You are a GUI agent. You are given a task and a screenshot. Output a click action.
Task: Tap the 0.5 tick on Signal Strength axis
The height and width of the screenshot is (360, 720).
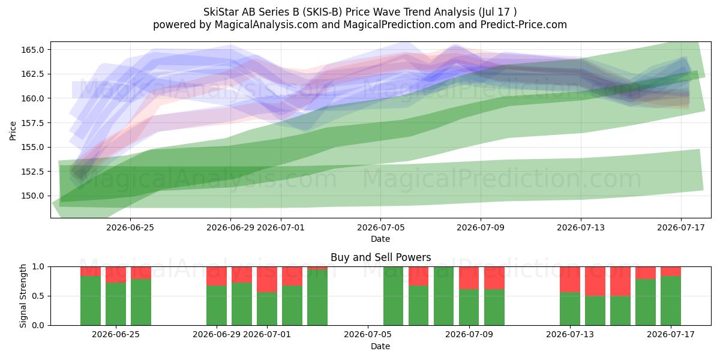pos(38,296)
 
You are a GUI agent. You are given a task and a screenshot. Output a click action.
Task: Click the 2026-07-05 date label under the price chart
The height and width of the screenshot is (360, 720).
pos(380,227)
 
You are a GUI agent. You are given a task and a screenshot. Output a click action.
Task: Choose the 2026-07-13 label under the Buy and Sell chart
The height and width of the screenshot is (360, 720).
pos(570,335)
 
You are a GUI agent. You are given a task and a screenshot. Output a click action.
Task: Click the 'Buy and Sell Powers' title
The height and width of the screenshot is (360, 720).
pos(380,257)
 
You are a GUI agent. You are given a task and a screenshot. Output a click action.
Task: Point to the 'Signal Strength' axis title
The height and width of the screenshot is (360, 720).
pos(23,296)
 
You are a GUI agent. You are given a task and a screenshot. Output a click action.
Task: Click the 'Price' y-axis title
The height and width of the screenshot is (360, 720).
pos(13,131)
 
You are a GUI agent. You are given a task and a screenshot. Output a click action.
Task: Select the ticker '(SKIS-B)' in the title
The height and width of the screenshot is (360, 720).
pos(322,12)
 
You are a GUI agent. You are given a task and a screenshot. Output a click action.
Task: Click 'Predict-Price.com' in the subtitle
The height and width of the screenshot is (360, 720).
pos(524,25)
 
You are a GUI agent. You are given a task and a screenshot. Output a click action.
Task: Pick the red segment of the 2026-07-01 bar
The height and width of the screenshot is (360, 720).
pos(267,280)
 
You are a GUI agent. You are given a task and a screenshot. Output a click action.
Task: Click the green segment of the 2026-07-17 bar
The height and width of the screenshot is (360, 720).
pos(671,301)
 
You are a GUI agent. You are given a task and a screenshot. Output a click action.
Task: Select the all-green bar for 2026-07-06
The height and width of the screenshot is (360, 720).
pos(393,296)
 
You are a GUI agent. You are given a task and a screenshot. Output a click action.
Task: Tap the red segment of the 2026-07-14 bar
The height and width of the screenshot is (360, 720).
pos(595,281)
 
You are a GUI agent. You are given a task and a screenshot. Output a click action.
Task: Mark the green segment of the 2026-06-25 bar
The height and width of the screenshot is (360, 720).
pos(116,304)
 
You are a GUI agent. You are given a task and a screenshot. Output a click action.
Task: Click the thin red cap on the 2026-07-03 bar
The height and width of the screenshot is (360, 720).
pos(317,268)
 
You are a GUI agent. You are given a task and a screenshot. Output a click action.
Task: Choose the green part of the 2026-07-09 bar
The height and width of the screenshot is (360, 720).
pos(469,307)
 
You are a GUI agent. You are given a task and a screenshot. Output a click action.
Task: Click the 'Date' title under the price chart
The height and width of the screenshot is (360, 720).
pos(380,239)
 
